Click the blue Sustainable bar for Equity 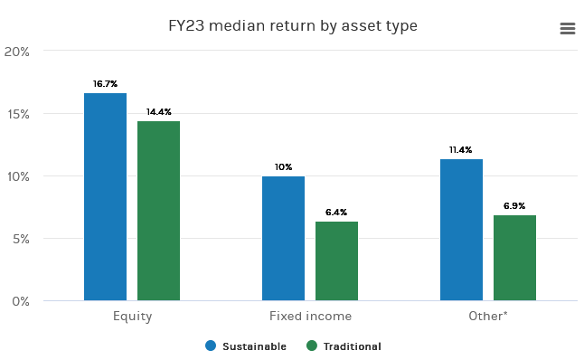click(x=105, y=196)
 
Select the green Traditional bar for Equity click(x=158, y=210)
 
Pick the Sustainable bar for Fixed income click(x=283, y=238)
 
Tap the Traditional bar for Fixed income click(x=336, y=261)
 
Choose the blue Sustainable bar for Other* click(x=461, y=230)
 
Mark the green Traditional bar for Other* click(x=514, y=258)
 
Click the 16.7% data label click(x=105, y=84)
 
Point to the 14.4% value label click(x=158, y=112)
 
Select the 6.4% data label click(x=336, y=213)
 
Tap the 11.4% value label click(x=461, y=150)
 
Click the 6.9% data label click(x=514, y=206)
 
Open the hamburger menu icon click(x=568, y=29)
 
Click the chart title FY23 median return click(x=293, y=26)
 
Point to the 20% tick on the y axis click(x=17, y=52)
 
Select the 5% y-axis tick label click(x=20, y=239)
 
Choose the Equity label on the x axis click(x=132, y=317)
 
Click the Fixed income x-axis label click(x=310, y=317)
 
